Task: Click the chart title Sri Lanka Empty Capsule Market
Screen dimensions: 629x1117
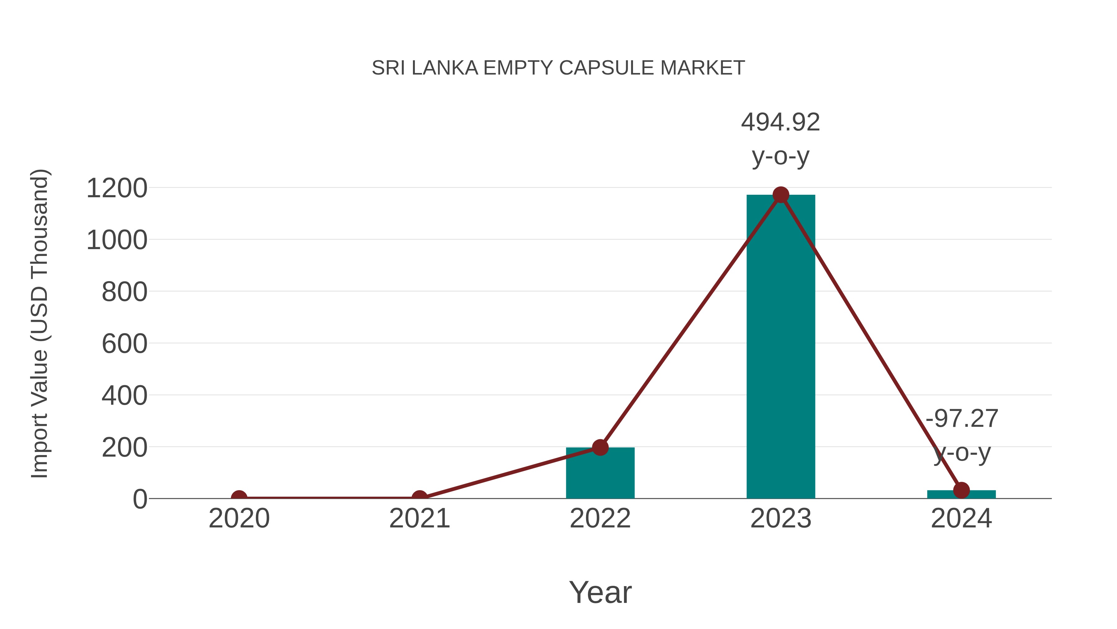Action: pyautogui.click(x=558, y=68)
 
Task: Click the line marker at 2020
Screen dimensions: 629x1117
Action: pyautogui.click(x=239, y=498)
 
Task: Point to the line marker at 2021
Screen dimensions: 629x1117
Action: pyautogui.click(x=419, y=498)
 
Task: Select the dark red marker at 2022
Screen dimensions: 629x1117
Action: pyautogui.click(x=600, y=447)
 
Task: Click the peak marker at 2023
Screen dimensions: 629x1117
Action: pyautogui.click(x=781, y=195)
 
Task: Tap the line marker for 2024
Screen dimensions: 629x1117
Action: pyautogui.click(x=961, y=490)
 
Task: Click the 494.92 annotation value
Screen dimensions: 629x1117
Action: pyautogui.click(x=781, y=122)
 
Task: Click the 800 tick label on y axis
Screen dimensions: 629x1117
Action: pyautogui.click(x=124, y=292)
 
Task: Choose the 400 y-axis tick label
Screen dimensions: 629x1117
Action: pyautogui.click(x=124, y=396)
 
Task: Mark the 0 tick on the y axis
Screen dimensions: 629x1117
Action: pyautogui.click(x=140, y=499)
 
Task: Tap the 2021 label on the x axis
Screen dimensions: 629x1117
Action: pyautogui.click(x=419, y=519)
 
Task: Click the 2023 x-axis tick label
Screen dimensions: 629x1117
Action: pyautogui.click(x=781, y=519)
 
